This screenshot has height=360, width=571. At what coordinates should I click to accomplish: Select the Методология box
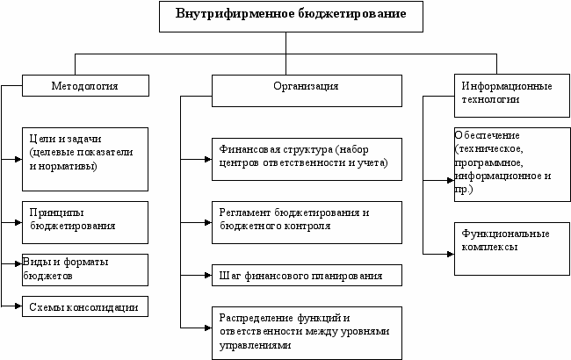[x=85, y=86]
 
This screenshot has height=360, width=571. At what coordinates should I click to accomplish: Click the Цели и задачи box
[x=85, y=159]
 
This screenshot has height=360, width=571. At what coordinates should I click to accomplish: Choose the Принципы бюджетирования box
[x=85, y=221]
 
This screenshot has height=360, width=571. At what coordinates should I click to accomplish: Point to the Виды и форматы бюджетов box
[x=85, y=269]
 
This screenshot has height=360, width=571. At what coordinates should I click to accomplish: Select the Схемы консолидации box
[x=85, y=306]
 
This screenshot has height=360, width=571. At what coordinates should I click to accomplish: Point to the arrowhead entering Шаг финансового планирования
[x=206, y=276]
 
